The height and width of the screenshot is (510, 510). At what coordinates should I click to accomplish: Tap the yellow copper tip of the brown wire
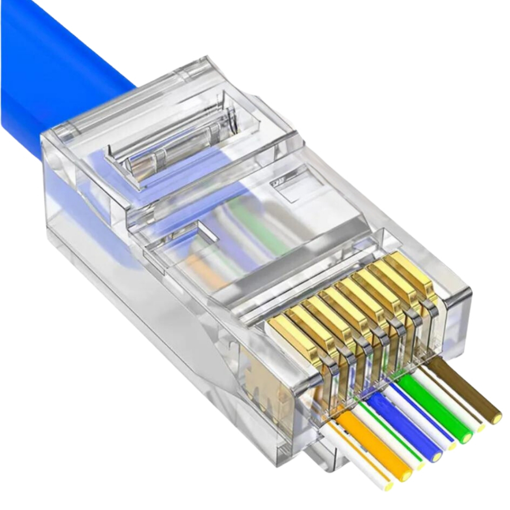[x=496, y=417]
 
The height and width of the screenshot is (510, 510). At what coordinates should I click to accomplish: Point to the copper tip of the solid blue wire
[x=437, y=456]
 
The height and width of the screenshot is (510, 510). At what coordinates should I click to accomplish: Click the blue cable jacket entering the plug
[x=50, y=75]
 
